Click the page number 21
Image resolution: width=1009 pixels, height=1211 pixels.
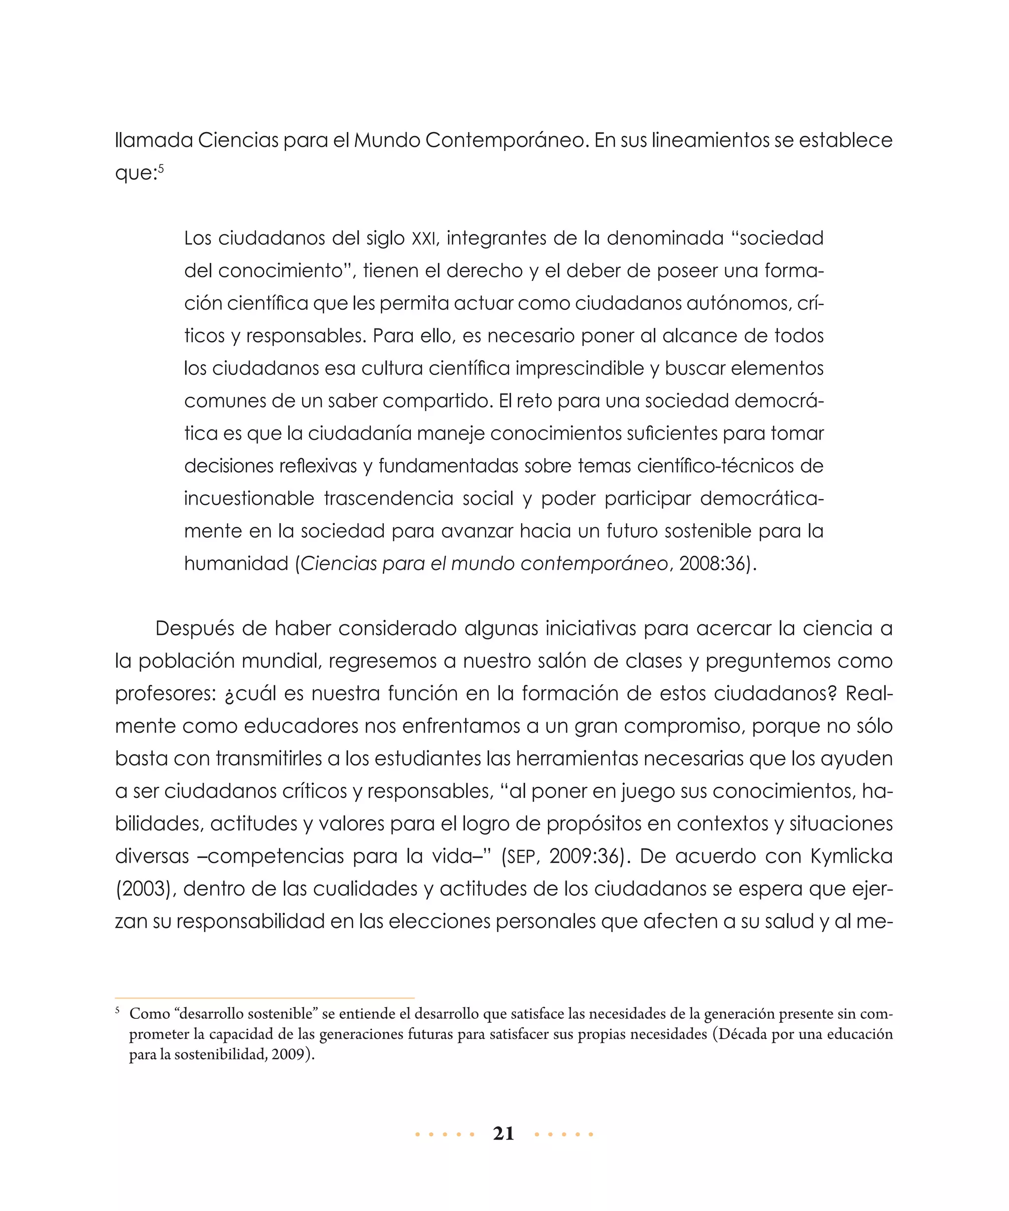[504, 1134]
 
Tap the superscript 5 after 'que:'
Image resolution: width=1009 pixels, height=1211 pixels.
[162, 168]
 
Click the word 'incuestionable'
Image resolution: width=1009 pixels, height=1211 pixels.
[249, 498]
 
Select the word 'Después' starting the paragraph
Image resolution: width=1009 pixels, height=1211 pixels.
[194, 629]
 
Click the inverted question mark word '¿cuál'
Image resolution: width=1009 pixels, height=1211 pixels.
[250, 694]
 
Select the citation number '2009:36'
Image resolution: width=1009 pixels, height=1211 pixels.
[585, 856]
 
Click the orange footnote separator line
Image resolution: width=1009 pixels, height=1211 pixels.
[265, 998]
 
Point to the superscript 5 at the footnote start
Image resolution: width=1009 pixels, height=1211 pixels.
[118, 1010]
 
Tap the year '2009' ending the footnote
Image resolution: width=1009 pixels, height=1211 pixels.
[288, 1054]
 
